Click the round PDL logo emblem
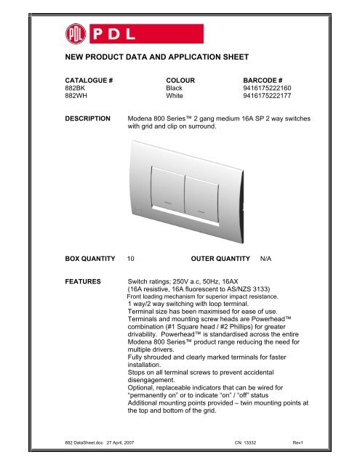point(73,36)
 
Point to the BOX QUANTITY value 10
point(130,258)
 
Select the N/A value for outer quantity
point(268,258)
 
